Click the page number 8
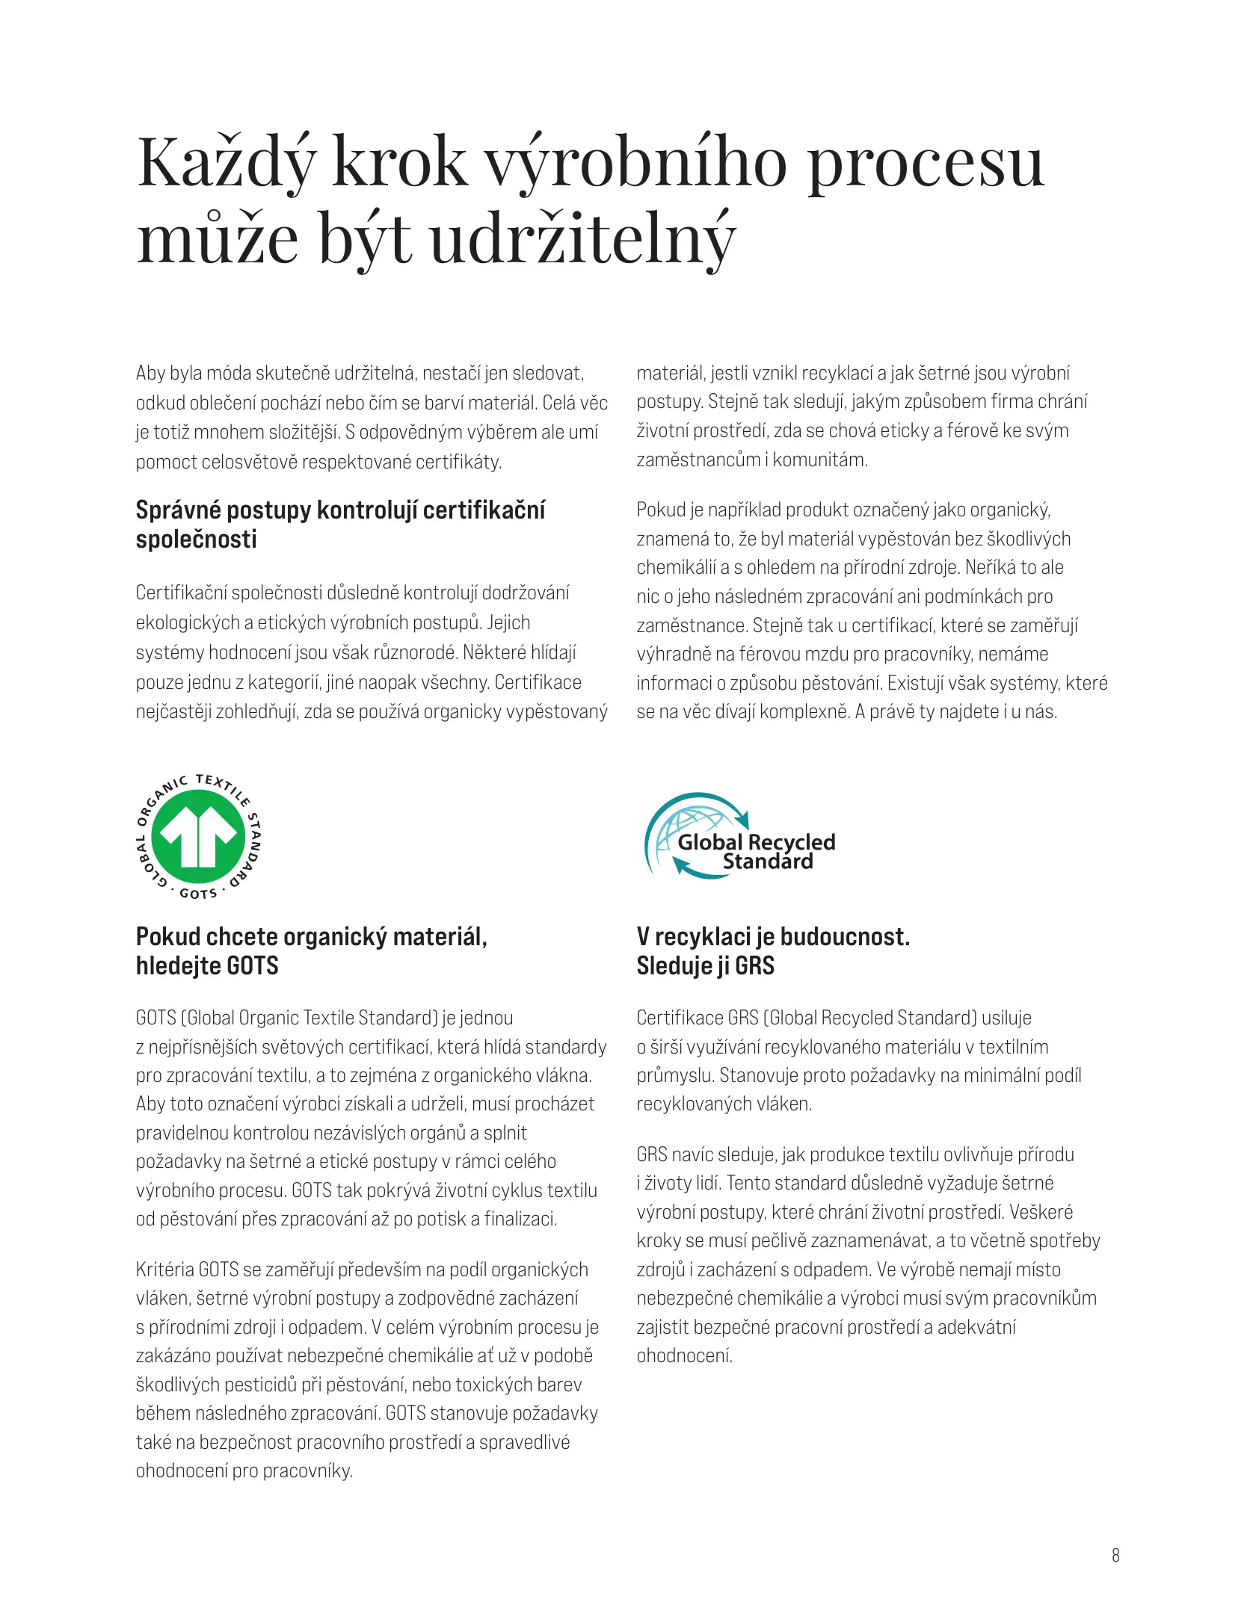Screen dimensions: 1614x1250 pos(1115,1556)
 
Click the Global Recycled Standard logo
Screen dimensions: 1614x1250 pos(740,837)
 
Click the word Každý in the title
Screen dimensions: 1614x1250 pos(227,163)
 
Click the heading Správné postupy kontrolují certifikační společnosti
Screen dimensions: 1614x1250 pos(340,524)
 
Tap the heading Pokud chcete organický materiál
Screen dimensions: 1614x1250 pos(311,937)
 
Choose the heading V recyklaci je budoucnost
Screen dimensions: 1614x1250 pos(772,937)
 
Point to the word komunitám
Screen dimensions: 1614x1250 pos(820,460)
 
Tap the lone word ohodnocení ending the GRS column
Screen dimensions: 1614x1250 pos(684,1355)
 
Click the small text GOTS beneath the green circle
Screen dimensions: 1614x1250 pos(198,894)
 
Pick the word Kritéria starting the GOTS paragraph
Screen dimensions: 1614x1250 pos(164,1270)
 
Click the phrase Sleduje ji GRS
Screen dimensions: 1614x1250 pos(705,966)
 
